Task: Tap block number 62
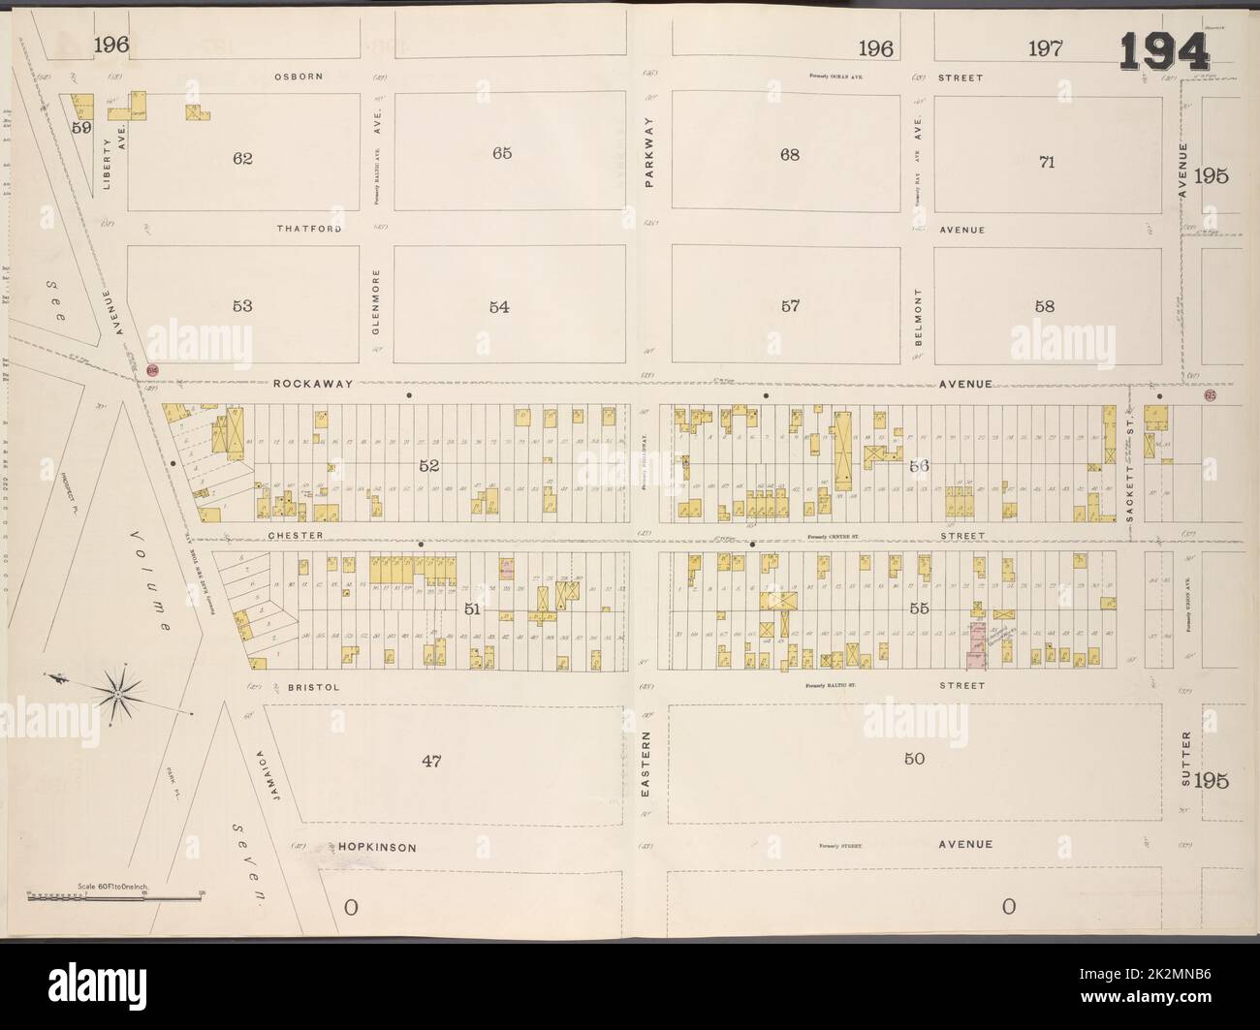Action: point(242,158)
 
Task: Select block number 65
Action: point(501,153)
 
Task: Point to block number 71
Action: point(1046,162)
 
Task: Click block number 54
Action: point(499,307)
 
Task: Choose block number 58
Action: point(1045,306)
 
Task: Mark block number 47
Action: point(431,762)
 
